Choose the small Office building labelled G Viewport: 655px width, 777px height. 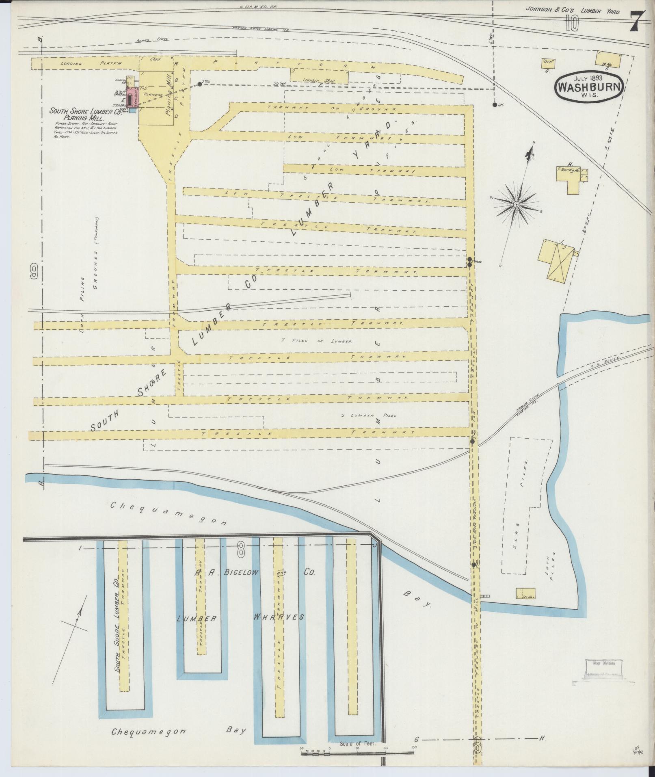[x=548, y=63]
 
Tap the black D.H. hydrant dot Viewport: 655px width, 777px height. [x=494, y=105]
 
